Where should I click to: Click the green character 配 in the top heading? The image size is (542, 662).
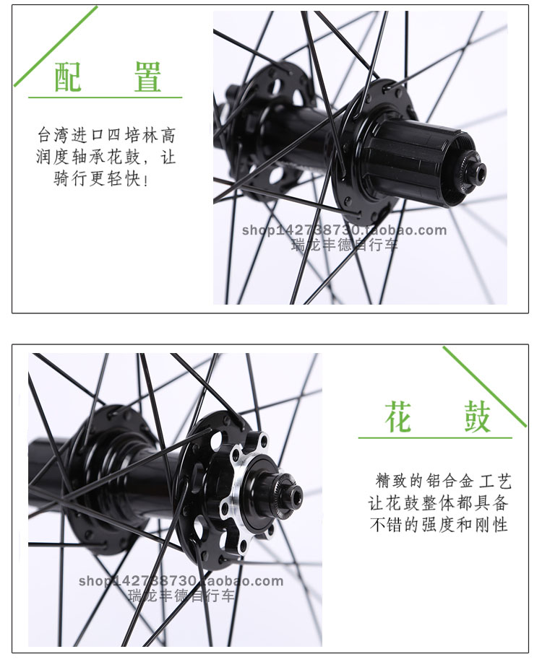68,77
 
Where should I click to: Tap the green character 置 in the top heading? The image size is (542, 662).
147,77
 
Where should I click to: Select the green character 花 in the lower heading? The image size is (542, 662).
398,417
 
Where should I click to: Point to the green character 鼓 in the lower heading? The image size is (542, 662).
478,417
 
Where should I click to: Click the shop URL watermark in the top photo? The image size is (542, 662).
344,230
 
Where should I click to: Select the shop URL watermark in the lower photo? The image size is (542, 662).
181,581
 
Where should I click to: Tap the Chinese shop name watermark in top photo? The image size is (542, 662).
344,244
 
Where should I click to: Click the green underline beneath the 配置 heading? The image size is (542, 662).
106,97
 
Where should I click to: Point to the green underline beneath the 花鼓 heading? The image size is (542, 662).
435,437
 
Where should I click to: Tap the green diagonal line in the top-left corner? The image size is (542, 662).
56,46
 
